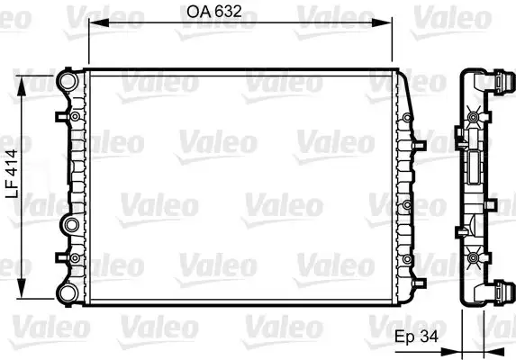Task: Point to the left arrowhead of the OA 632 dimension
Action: click(x=91, y=27)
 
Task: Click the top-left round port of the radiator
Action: click(x=67, y=81)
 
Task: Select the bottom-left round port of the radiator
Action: click(x=67, y=292)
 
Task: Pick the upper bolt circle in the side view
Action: click(x=473, y=115)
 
